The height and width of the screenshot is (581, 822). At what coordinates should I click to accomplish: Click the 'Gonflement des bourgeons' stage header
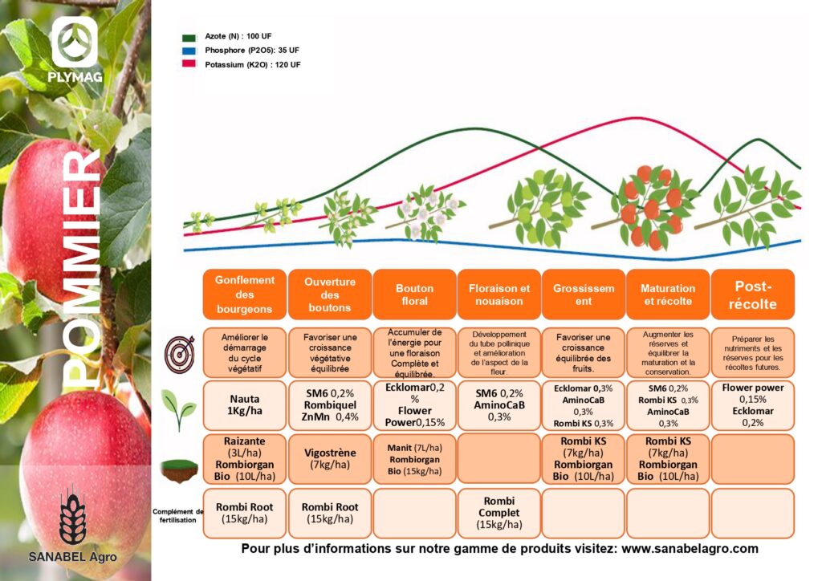244,295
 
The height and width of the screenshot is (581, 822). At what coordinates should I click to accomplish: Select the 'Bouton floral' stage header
414,295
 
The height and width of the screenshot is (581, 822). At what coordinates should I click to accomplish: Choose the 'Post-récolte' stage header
752,295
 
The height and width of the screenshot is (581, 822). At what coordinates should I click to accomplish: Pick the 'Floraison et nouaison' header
498,295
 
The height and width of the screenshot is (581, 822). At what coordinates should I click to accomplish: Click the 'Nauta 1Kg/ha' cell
244,405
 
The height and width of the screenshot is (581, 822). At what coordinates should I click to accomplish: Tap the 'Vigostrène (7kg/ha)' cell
329,459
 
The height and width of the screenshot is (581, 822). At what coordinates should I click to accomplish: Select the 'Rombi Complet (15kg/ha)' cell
498,513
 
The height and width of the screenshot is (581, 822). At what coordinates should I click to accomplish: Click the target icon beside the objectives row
178,352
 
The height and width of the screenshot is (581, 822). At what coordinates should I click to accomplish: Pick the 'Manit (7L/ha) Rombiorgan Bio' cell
414,459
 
